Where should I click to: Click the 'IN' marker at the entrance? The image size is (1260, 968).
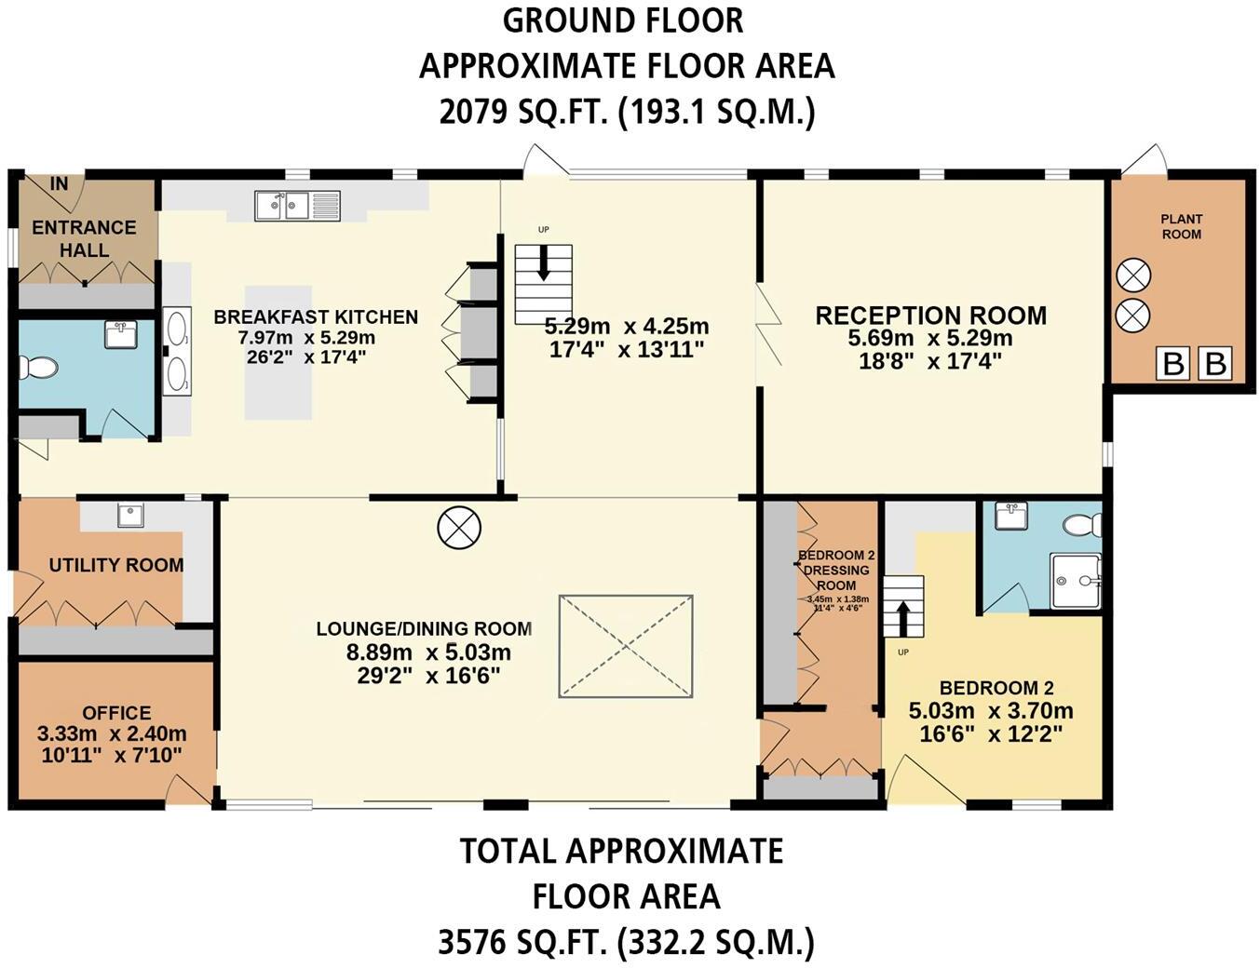(59, 184)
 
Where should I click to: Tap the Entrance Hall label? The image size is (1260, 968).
(84, 238)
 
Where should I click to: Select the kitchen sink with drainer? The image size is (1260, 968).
(298, 205)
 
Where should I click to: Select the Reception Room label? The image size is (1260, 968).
(930, 316)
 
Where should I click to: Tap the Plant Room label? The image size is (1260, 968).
(1181, 226)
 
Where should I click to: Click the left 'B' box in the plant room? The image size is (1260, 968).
(1173, 364)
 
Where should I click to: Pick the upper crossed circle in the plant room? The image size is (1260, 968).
(1132, 276)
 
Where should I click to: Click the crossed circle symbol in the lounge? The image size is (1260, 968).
(458, 528)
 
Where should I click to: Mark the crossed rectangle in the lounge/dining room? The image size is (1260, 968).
(626, 646)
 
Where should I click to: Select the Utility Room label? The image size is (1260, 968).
(115, 565)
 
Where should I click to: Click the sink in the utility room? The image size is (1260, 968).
(131, 516)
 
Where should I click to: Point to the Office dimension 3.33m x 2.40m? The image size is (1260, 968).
(112, 733)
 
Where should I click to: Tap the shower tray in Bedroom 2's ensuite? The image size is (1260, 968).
(1075, 581)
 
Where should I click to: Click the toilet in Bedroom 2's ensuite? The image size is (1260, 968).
(1080, 526)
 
